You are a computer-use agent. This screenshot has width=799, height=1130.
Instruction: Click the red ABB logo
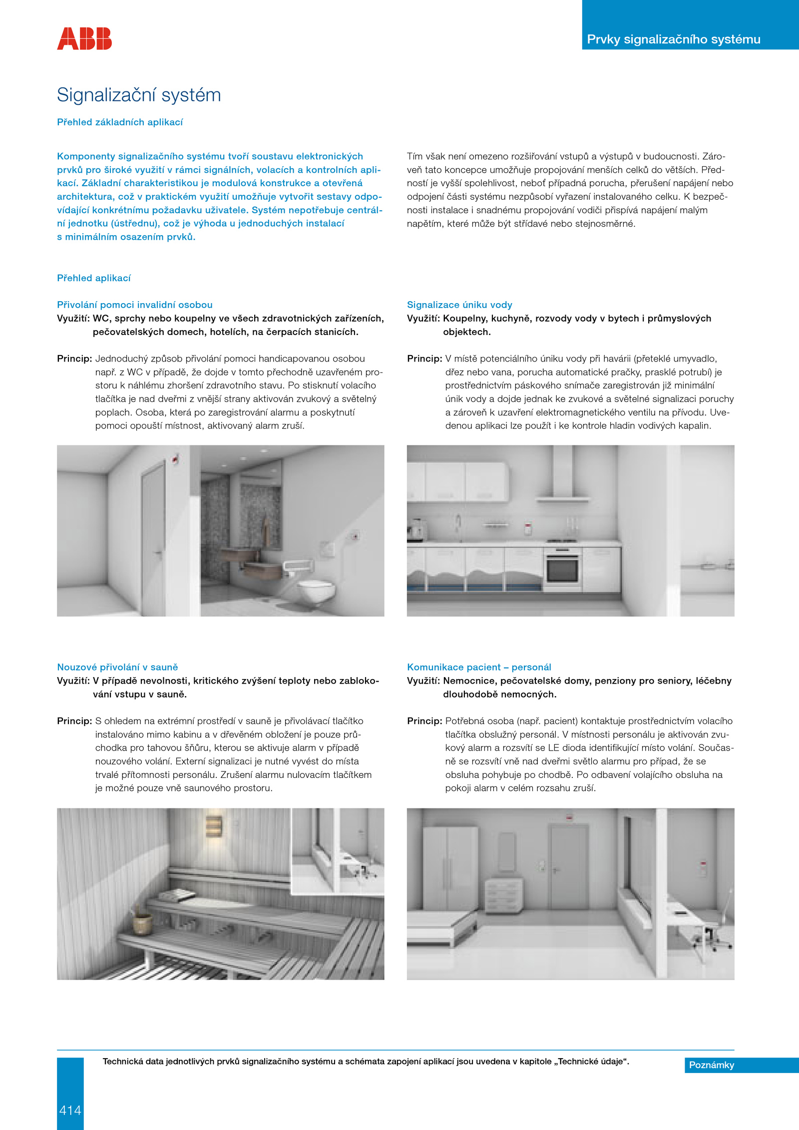[84, 39]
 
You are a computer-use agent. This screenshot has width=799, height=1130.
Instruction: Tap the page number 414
[70, 1110]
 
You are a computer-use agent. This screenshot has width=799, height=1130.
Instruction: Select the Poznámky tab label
[711, 1065]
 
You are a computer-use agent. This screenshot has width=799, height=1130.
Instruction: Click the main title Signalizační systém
[139, 95]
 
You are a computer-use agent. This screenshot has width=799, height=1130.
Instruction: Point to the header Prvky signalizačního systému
[673, 39]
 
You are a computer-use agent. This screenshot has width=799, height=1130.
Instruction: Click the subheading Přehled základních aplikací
[120, 122]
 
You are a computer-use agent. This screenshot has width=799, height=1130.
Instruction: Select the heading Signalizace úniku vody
[459, 305]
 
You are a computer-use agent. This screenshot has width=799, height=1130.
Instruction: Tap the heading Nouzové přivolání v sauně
[117, 667]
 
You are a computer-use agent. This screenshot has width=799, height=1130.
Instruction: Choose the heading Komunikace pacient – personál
[479, 667]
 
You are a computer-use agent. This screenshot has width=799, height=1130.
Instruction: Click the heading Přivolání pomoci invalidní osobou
[135, 305]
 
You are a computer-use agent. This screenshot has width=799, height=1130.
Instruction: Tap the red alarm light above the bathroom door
[175, 458]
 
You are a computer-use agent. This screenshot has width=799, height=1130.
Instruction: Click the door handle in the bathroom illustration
[158, 553]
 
